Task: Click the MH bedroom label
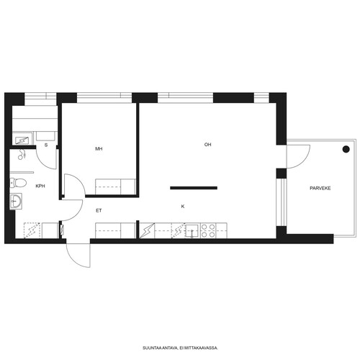tap(99, 149)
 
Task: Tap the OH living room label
tap(207, 145)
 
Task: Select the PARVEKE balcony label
tap(320, 189)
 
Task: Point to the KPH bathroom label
tap(40, 186)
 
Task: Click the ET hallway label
tap(99, 210)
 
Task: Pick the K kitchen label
tap(183, 207)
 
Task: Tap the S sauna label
tap(46, 145)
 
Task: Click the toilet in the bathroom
tap(18, 183)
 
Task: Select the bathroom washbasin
tap(16, 201)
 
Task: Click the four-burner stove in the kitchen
tap(208, 230)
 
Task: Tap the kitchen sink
tap(192, 231)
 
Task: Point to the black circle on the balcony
tap(346, 149)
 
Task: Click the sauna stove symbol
tap(22, 140)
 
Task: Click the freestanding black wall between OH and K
tap(194, 188)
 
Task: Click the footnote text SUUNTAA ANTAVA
tap(160, 348)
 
